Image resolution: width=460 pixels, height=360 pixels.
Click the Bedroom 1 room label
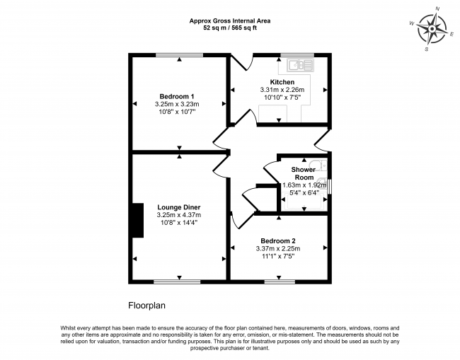point(176,96)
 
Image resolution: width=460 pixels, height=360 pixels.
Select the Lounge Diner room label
point(179,207)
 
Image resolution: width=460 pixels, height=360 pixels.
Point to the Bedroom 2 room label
point(277,240)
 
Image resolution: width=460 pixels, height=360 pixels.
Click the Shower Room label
point(303,173)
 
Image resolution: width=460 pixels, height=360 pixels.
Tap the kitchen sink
point(300,66)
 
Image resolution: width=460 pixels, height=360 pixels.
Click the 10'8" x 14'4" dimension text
point(179,223)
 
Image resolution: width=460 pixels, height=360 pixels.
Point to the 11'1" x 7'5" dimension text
point(277,256)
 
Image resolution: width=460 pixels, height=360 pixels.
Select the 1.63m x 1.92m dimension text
point(303,185)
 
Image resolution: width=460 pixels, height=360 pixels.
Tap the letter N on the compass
point(437,8)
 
